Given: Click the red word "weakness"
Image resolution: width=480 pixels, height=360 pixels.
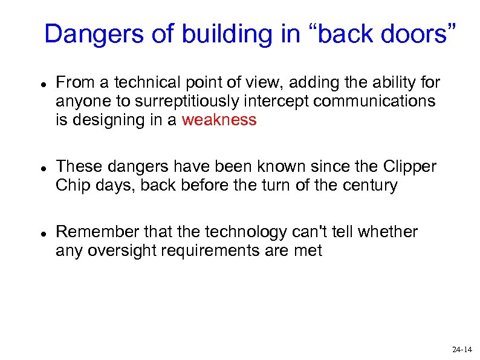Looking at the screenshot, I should pos(219,120).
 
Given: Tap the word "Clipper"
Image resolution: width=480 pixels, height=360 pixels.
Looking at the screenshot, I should pos(411,166).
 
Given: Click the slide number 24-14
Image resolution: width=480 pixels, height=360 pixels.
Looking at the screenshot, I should pos(462,350).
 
